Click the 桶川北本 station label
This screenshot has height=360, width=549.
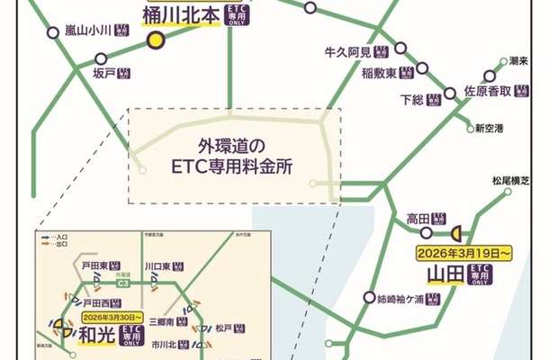pyautogui.click(x=180, y=15)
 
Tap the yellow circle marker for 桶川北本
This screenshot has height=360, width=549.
pyautogui.click(x=156, y=40)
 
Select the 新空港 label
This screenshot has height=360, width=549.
pyautogui.click(x=490, y=128)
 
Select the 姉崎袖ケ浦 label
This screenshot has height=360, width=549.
pyautogui.click(x=399, y=298)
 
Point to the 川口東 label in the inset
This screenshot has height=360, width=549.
pyautogui.click(x=158, y=266)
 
